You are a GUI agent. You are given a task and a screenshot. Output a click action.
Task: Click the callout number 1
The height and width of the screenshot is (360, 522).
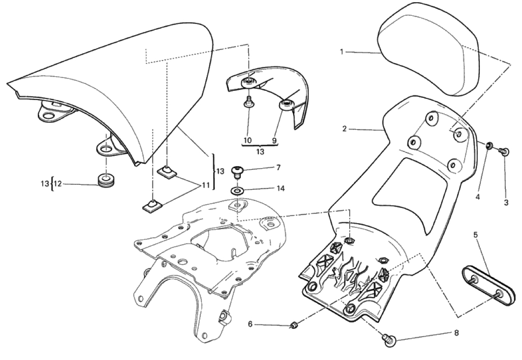[x=341, y=52]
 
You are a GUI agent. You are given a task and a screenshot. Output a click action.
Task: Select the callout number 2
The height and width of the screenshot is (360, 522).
[x=344, y=128]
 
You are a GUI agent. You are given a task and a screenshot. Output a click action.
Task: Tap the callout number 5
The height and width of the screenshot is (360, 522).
[x=476, y=235]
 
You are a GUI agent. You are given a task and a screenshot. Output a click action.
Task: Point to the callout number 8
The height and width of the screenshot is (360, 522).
[x=456, y=333]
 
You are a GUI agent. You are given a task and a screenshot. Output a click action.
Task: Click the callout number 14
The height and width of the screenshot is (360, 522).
[x=281, y=188]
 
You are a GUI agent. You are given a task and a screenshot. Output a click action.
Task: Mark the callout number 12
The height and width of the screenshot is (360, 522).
[x=58, y=184]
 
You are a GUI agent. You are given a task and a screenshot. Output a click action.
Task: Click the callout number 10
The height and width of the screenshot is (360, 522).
[x=247, y=140]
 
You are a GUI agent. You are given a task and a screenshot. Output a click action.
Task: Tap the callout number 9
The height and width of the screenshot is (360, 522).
[x=274, y=140]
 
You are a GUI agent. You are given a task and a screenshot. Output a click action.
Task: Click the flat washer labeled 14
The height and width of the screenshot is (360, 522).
[x=237, y=192]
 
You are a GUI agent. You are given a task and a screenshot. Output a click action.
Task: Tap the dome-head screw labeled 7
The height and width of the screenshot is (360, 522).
[x=237, y=172]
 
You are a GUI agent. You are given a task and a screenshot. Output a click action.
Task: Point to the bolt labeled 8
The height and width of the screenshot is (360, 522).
[x=389, y=340]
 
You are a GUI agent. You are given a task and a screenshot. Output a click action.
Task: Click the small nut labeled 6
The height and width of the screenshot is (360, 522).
[x=293, y=325]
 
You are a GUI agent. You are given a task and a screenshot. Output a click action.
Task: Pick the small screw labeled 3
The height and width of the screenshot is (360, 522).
[x=504, y=152]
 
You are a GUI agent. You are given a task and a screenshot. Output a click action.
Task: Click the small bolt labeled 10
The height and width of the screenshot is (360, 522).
[x=248, y=102]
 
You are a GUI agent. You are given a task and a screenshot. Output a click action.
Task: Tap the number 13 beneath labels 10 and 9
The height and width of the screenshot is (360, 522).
[x=260, y=151]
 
